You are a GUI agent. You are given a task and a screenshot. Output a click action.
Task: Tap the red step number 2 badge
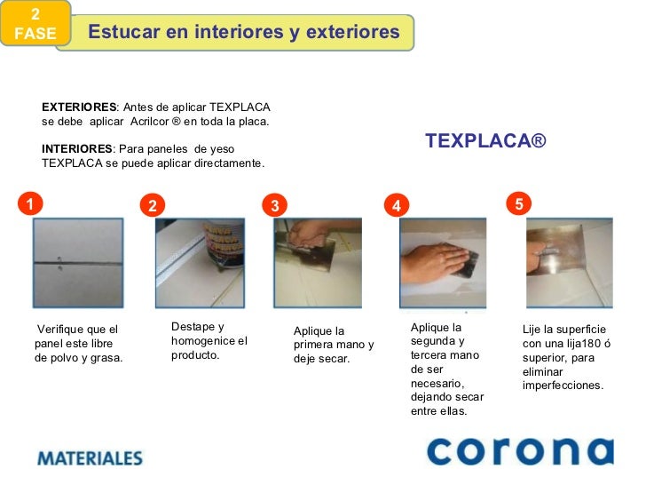coord(153,206)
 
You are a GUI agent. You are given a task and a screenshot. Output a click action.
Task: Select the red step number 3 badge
coord(275,206)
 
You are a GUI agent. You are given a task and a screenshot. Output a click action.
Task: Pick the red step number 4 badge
coord(397,206)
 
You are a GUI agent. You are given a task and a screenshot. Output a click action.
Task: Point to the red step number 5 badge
coord(519,203)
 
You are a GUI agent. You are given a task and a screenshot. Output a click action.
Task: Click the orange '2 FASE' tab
coord(34,25)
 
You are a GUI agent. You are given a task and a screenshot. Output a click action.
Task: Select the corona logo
coord(519,451)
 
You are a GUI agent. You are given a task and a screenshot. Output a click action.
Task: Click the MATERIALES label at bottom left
coord(90,458)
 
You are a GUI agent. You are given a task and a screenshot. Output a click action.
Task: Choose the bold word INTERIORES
coord(76,149)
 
